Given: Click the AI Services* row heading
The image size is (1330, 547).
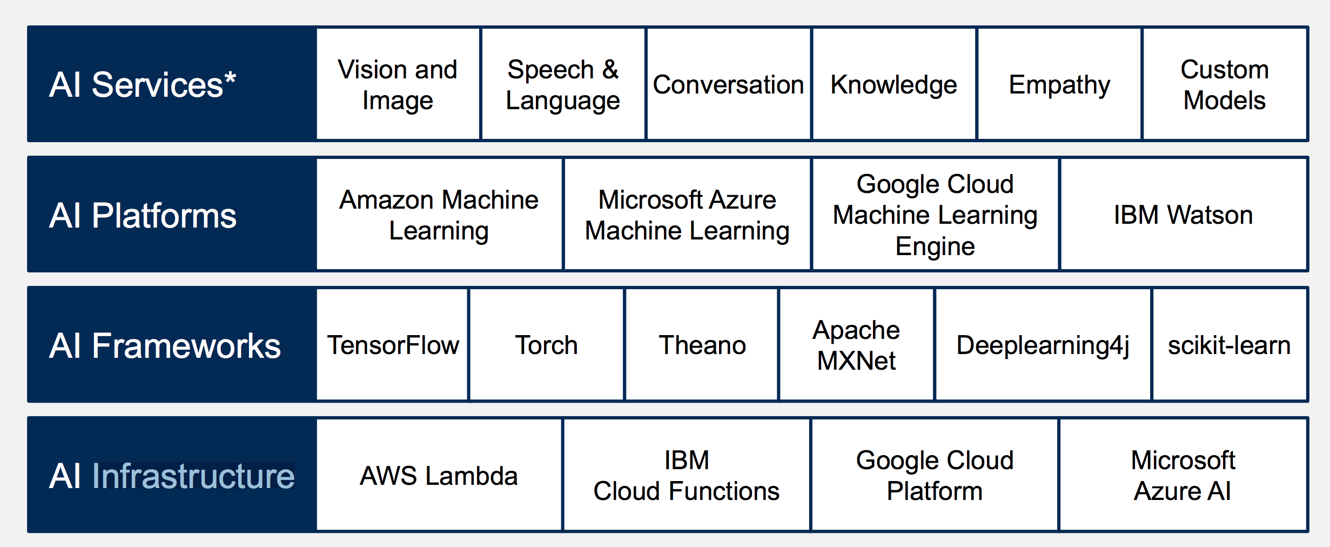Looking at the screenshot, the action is pyautogui.click(x=143, y=85).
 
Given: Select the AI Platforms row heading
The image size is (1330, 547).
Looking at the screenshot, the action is pyautogui.click(x=143, y=216).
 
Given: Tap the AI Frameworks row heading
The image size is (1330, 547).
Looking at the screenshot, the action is pyautogui.click(x=165, y=346).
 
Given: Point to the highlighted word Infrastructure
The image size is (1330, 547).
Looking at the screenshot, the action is pyautogui.click(x=193, y=476).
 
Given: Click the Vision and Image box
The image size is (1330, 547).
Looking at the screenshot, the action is pyautogui.click(x=398, y=84).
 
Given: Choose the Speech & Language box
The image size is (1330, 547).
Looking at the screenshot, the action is pyautogui.click(x=563, y=84).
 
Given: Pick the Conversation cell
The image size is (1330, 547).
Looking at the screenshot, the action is pyautogui.click(x=729, y=84).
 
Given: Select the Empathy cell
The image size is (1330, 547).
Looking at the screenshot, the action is pyautogui.click(x=1059, y=84).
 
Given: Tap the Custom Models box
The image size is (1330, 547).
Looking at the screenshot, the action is pyautogui.click(x=1225, y=84).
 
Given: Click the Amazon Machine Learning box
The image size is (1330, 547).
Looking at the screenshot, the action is pyautogui.click(x=439, y=215).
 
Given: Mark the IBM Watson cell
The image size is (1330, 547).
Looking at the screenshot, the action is pyautogui.click(x=1184, y=215).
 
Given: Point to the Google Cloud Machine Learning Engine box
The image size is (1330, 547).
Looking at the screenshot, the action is pyautogui.click(x=935, y=215).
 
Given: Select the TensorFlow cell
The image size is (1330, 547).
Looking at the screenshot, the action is pyautogui.click(x=392, y=345).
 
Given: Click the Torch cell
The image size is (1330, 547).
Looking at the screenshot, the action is pyautogui.click(x=547, y=345).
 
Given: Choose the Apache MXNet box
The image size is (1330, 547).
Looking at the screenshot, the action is pyautogui.click(x=856, y=345).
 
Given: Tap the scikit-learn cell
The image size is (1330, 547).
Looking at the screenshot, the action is pyautogui.click(x=1230, y=345).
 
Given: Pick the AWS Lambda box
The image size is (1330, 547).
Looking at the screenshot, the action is pyautogui.click(x=439, y=475).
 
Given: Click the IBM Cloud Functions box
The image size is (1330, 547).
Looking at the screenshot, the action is pyautogui.click(x=687, y=475).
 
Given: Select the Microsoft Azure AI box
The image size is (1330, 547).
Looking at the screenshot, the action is pyautogui.click(x=1183, y=475).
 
